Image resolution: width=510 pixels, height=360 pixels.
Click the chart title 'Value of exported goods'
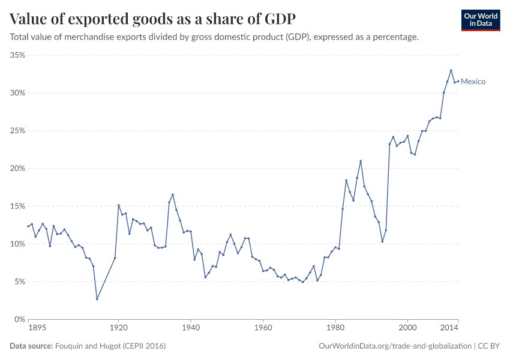[152, 19]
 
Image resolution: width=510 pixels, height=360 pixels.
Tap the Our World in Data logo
[480, 20]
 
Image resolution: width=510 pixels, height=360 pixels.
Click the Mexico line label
[473, 82]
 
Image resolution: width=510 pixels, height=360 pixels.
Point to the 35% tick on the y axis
[17, 55]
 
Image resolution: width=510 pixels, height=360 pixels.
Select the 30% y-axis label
[17, 93]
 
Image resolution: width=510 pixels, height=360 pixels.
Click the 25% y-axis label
[17, 131]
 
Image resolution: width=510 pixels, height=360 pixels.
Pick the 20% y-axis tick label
[17, 169]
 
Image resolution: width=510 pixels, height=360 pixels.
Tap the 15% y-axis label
[17, 206]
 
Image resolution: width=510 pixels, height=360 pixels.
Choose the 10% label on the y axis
[17, 244]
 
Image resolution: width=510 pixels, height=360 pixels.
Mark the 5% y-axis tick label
[19, 282]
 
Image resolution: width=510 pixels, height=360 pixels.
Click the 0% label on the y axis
[19, 319]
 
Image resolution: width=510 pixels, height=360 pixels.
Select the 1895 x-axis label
[37, 328]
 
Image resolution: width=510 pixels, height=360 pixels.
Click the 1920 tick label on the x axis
[118, 328]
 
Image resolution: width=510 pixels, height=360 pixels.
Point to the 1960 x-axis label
[263, 328]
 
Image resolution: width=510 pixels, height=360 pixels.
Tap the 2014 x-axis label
[450, 328]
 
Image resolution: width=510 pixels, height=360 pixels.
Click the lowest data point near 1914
[97, 299]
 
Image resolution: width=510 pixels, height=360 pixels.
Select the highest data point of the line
[451, 70]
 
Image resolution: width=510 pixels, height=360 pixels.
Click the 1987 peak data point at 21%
[361, 161]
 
